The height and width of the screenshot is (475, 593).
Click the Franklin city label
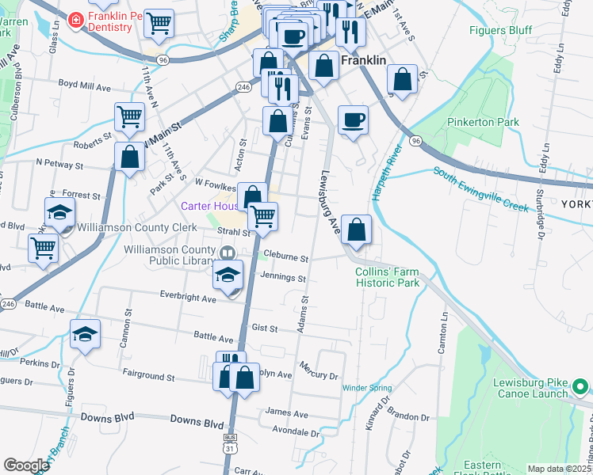[x=363, y=60]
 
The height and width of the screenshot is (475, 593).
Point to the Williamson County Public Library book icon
[x=228, y=253]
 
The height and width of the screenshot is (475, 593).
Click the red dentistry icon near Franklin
[x=76, y=18]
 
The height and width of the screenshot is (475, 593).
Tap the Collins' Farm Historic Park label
[x=386, y=276]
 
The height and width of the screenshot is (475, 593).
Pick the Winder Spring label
[x=367, y=388]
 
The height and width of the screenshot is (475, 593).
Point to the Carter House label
[x=209, y=206]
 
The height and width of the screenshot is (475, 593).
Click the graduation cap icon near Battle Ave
[x=85, y=334]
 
